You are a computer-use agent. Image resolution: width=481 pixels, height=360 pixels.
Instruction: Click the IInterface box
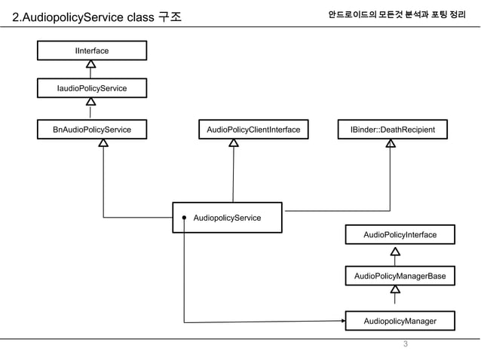click(x=91, y=50)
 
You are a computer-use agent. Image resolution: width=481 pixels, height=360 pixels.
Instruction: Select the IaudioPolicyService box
click(x=91, y=89)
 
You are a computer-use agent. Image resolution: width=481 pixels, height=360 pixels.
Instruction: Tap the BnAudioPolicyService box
click(x=91, y=130)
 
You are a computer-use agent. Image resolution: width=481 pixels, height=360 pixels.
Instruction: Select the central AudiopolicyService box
click(x=227, y=218)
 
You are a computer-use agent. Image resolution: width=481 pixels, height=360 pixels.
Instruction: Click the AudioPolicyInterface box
click(x=400, y=235)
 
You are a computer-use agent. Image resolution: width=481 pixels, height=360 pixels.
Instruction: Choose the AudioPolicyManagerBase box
click(x=400, y=276)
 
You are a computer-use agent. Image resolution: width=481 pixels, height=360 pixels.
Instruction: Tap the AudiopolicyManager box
click(x=400, y=322)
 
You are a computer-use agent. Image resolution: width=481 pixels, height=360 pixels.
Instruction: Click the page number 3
click(x=405, y=345)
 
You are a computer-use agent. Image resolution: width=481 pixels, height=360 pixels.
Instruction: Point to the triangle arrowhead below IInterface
click(x=90, y=64)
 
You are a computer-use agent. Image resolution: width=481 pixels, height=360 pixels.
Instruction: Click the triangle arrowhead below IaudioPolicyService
click(x=90, y=102)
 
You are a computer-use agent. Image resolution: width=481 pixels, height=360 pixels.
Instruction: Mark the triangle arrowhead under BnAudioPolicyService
click(x=103, y=144)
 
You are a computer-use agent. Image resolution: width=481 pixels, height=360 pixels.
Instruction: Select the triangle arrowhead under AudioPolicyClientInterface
click(x=234, y=144)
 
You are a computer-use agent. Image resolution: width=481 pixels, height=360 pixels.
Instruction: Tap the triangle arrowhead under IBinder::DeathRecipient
click(x=391, y=144)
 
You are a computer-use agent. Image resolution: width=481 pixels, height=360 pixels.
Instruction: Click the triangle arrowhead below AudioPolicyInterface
click(x=395, y=252)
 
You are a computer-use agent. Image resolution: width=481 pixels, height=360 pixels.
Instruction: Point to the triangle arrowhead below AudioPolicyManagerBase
click(x=395, y=290)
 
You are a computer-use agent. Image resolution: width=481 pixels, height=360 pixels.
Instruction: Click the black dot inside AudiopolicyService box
click(x=183, y=218)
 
